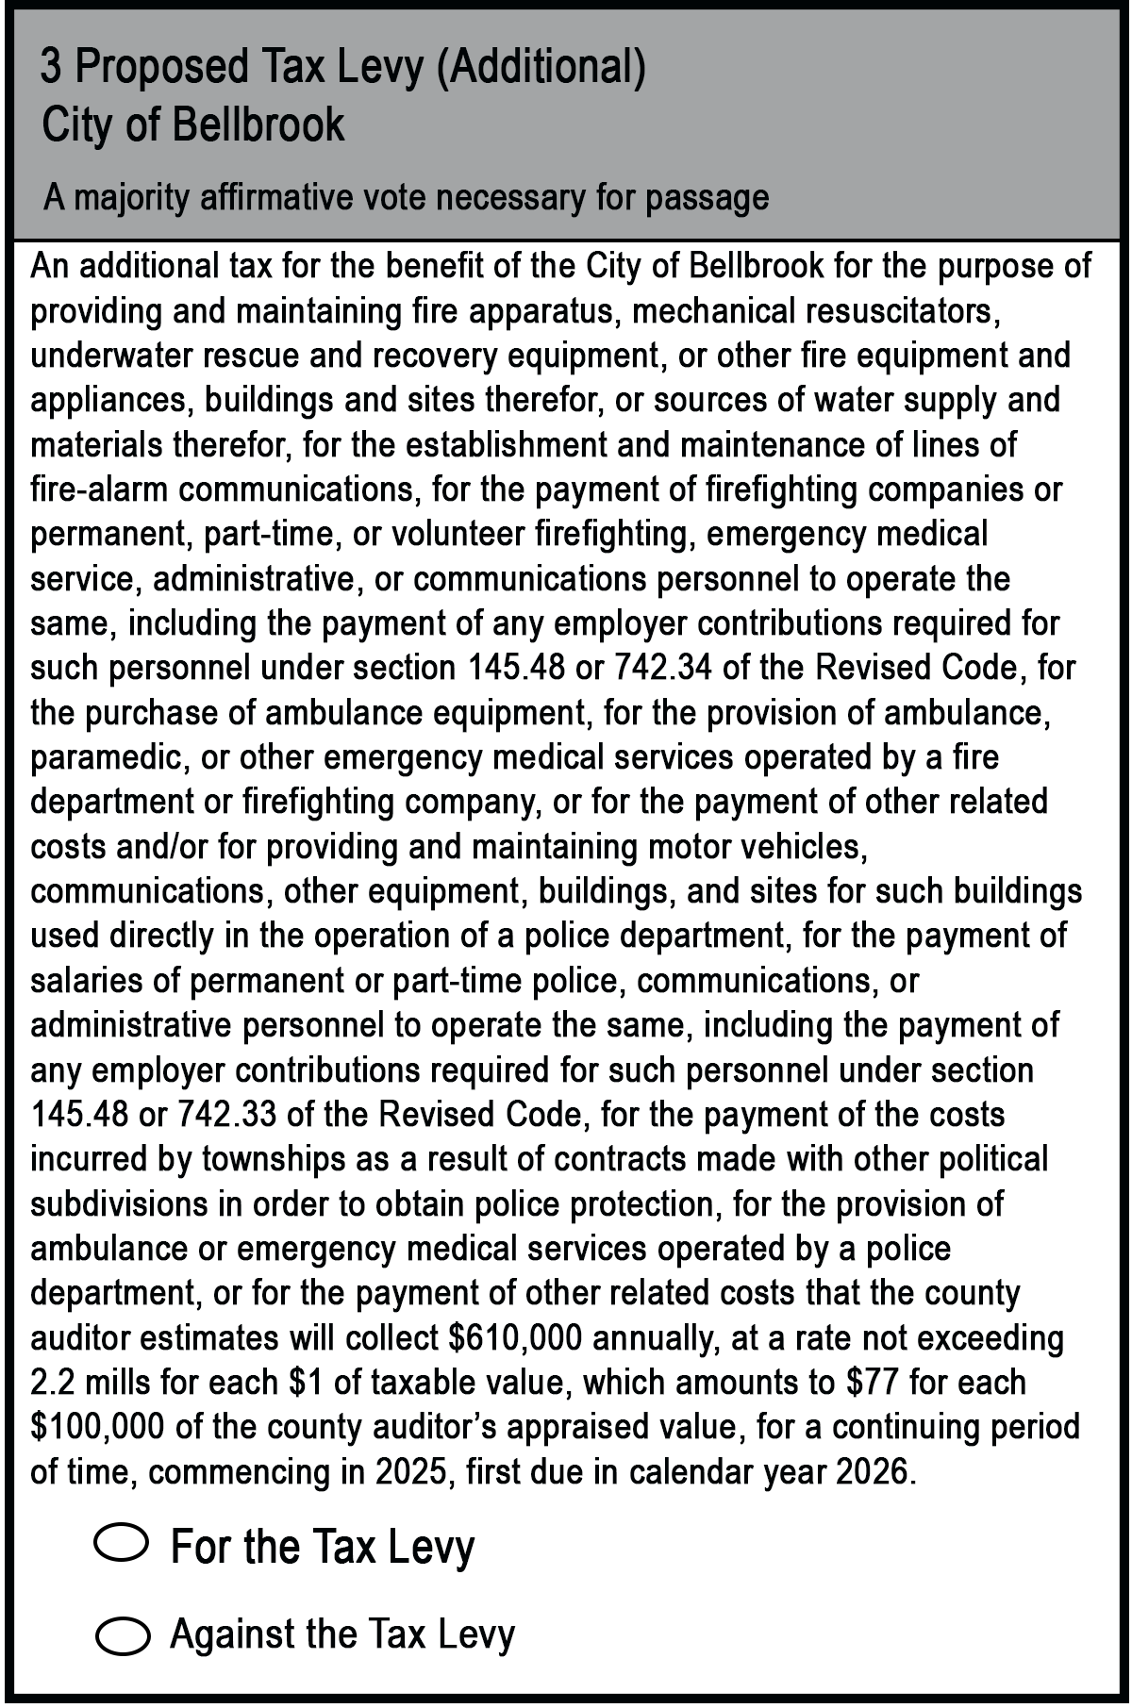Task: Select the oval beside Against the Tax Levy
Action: pyautogui.click(x=122, y=1636)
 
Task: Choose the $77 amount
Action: pyautogui.click(x=867, y=1383)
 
